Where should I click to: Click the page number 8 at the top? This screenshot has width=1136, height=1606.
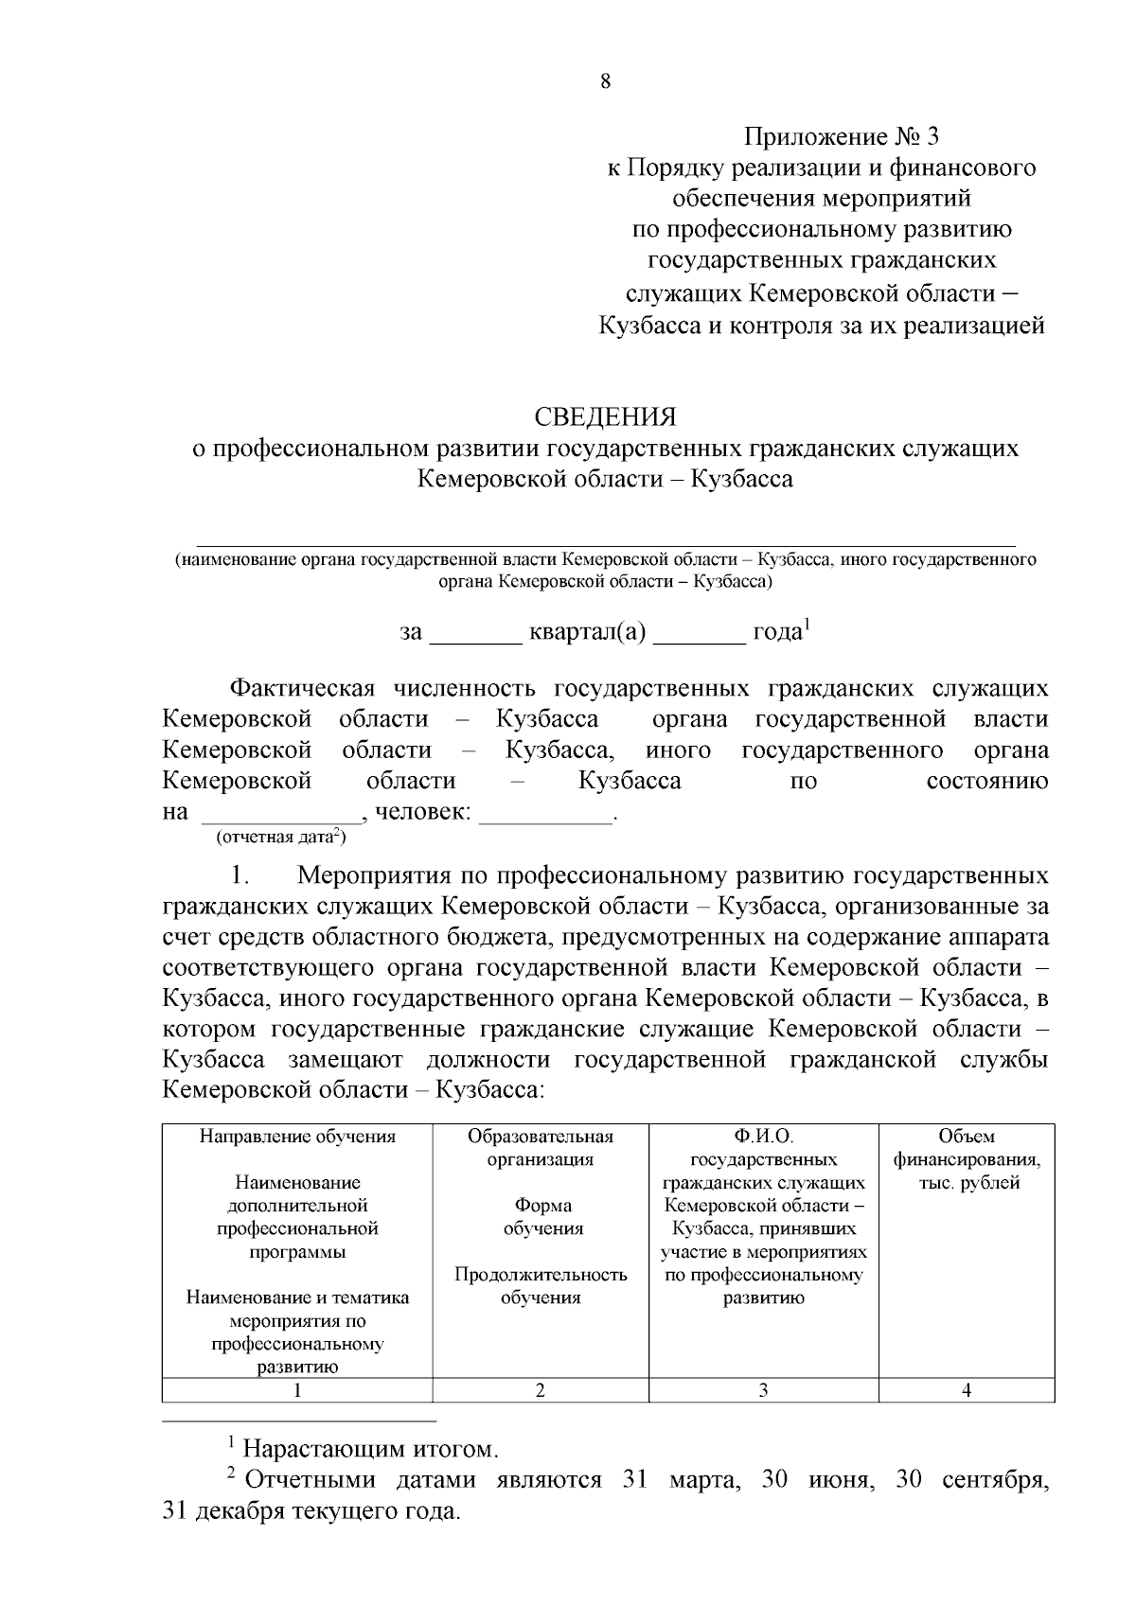pyautogui.click(x=606, y=81)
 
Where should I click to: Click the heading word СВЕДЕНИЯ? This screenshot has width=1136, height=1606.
pyautogui.click(x=606, y=417)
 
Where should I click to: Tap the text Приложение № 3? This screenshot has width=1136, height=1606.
pyautogui.click(x=841, y=137)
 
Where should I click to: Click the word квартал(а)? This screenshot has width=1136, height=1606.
pyautogui.click(x=587, y=632)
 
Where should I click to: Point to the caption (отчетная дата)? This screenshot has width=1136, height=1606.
pyautogui.click(x=281, y=838)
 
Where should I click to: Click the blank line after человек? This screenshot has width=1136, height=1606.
pyautogui.click(x=546, y=820)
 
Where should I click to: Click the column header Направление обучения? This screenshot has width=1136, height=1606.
pyautogui.click(x=297, y=1137)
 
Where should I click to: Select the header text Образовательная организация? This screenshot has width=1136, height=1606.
pyautogui.click(x=541, y=1148)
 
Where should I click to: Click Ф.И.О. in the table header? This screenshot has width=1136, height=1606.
pyautogui.click(x=763, y=1137)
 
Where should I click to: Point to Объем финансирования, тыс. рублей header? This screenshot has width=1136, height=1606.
pyautogui.click(x=967, y=1159)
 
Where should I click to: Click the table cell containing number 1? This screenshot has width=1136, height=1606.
pyautogui.click(x=297, y=1390)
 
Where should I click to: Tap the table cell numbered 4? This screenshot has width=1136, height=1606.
pyautogui.click(x=967, y=1390)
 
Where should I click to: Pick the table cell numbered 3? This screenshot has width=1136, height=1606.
pyautogui.click(x=763, y=1390)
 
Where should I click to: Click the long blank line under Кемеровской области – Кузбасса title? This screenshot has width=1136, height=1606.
pyautogui.click(x=606, y=544)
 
